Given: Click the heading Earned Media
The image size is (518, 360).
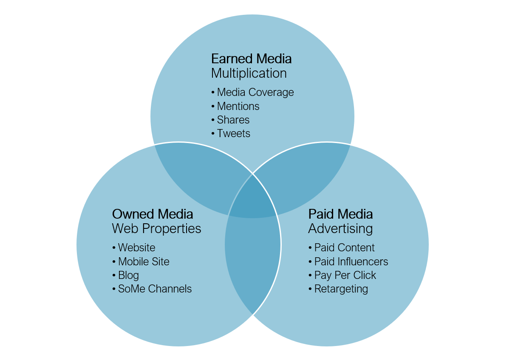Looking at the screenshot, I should coord(251,59).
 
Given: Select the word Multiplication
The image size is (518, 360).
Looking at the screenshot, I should coord(249,73).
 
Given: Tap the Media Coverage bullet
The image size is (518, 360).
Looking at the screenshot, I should coord(255,92).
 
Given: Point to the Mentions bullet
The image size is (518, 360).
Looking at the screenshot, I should coord(238,106).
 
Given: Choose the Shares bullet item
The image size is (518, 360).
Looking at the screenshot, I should coord(233,120).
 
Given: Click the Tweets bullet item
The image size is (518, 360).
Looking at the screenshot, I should coord(233,133).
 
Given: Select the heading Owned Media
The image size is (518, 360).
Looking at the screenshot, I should coord(153,214).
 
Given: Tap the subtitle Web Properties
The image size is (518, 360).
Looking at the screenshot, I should coord(156,228).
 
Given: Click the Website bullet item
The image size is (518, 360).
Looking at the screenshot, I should coord(136,247).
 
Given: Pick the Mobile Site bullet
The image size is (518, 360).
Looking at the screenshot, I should coord(144,262).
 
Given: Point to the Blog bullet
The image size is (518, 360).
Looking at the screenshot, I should coord(128,275).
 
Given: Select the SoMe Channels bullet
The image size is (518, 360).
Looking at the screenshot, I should coord(155,289).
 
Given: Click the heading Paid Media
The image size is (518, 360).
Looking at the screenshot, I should coord(340,214).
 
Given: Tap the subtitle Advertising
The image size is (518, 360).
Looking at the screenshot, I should coord(340,228).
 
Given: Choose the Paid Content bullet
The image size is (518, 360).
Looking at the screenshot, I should coord(344,247).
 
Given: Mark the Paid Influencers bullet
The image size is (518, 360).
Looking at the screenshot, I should coord(351,262).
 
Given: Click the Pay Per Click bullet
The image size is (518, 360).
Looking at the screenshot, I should coord(345,275).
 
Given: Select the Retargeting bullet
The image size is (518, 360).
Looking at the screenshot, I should coord(341,289).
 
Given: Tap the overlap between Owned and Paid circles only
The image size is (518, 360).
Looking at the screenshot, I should coord(253,263).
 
